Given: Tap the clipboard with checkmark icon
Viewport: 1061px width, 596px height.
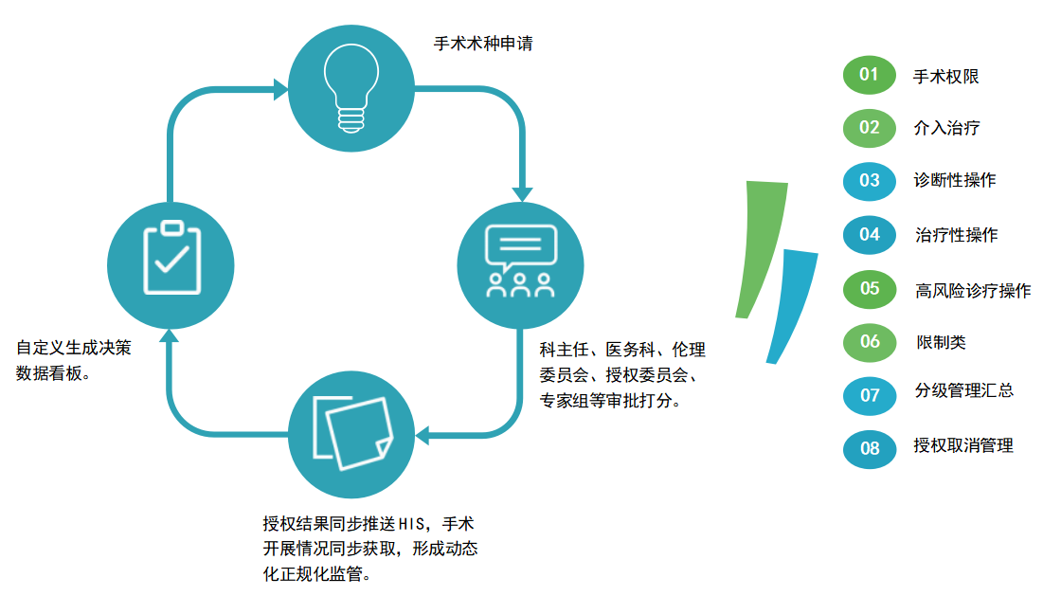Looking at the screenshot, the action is pyautogui.click(x=171, y=257).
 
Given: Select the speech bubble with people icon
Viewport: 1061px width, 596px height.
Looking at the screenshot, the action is pyautogui.click(x=520, y=262).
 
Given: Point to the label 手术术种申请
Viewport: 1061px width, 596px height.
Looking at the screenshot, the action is pyautogui.click(x=483, y=44).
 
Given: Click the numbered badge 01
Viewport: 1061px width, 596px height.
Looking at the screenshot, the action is pyautogui.click(x=870, y=75).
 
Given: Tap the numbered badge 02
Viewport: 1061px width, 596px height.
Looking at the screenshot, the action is pyautogui.click(x=870, y=128).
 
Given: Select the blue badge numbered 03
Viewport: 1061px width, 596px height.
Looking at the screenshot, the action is pyautogui.click(x=870, y=181).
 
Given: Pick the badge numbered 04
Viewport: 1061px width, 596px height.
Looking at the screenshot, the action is pyautogui.click(x=870, y=235).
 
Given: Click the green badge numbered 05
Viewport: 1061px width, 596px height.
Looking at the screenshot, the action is pyautogui.click(x=870, y=289).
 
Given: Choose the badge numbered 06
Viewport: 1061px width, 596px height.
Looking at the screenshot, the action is pyautogui.click(x=870, y=342).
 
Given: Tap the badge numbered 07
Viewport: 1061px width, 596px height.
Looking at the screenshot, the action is pyautogui.click(x=870, y=396).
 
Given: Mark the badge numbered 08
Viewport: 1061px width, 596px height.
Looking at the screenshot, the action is pyautogui.click(x=870, y=449).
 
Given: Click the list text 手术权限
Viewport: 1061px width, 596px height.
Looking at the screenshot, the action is pyautogui.click(x=946, y=77).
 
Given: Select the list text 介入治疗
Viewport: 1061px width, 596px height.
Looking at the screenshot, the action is pyautogui.click(x=946, y=128).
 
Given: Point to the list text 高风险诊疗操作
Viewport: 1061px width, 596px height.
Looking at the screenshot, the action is pyautogui.click(x=973, y=291).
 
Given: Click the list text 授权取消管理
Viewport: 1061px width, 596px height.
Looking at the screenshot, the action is pyautogui.click(x=963, y=445).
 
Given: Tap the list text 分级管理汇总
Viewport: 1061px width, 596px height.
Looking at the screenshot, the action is pyautogui.click(x=964, y=390).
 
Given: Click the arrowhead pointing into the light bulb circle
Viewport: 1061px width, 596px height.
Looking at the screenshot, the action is pyautogui.click(x=280, y=89).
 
